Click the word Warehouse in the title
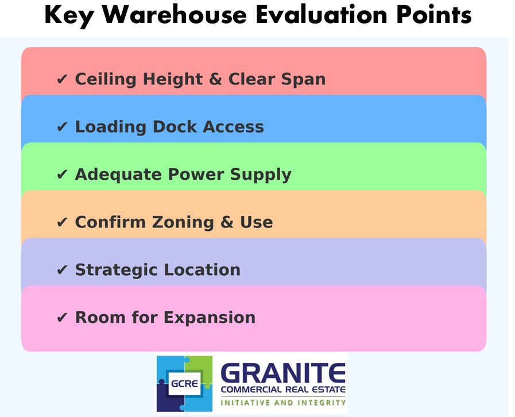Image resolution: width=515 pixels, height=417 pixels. point(175,15)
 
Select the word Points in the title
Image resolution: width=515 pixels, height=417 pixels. point(434,15)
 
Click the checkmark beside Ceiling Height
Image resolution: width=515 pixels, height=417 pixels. point(62,79)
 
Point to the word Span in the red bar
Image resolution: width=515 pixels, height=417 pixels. point(303,80)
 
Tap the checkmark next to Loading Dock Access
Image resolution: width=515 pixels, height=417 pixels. point(62,127)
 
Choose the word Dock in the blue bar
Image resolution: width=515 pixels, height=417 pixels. point(175,126)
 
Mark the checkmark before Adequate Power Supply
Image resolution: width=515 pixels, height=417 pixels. point(62,175)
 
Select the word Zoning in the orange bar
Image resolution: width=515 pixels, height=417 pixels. point(183,222)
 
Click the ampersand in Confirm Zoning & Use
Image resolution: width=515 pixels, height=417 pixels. point(227,222)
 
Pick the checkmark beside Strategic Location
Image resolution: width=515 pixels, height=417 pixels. point(62,270)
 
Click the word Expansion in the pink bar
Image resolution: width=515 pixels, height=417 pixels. point(210,318)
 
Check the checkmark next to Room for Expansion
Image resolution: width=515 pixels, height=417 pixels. point(62,318)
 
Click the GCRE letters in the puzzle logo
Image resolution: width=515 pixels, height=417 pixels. point(185,384)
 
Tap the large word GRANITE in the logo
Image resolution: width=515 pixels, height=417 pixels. point(283,373)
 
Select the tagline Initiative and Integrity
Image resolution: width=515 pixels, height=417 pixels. point(283,403)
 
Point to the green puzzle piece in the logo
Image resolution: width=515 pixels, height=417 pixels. point(199,368)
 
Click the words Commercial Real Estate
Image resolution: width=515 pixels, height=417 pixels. point(283,390)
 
